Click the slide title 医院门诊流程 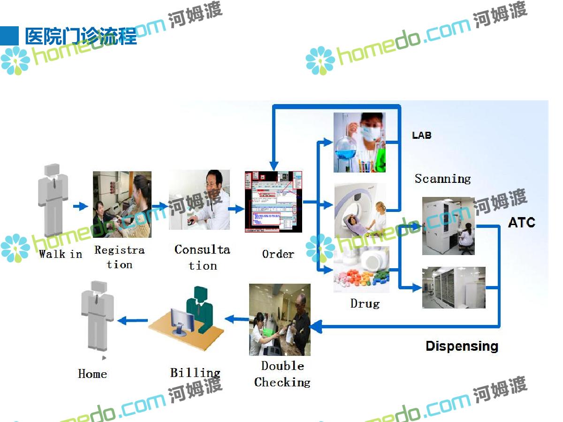point(81,37)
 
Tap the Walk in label point(61,254)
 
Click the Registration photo point(122,204)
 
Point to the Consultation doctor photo point(199,200)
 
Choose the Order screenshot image point(274,202)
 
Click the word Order point(278,254)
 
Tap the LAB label point(421,136)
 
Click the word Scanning point(442,179)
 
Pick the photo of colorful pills point(361,271)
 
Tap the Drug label point(365,303)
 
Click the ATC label point(521,222)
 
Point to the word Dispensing point(462,346)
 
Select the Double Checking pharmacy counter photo point(280,319)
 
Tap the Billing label point(195,373)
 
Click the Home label point(92,374)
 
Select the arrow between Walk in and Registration point(81,206)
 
